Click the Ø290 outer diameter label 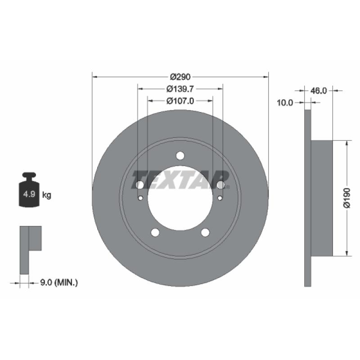(x=180, y=76)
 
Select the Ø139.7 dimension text (x=180, y=89)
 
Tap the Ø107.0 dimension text (x=180, y=101)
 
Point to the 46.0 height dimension (x=319, y=91)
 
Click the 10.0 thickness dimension (x=285, y=103)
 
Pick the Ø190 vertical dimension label (x=346, y=198)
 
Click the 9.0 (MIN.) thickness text (x=59, y=283)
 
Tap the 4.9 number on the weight (x=29, y=194)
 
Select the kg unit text (x=47, y=195)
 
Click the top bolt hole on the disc (x=180, y=156)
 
